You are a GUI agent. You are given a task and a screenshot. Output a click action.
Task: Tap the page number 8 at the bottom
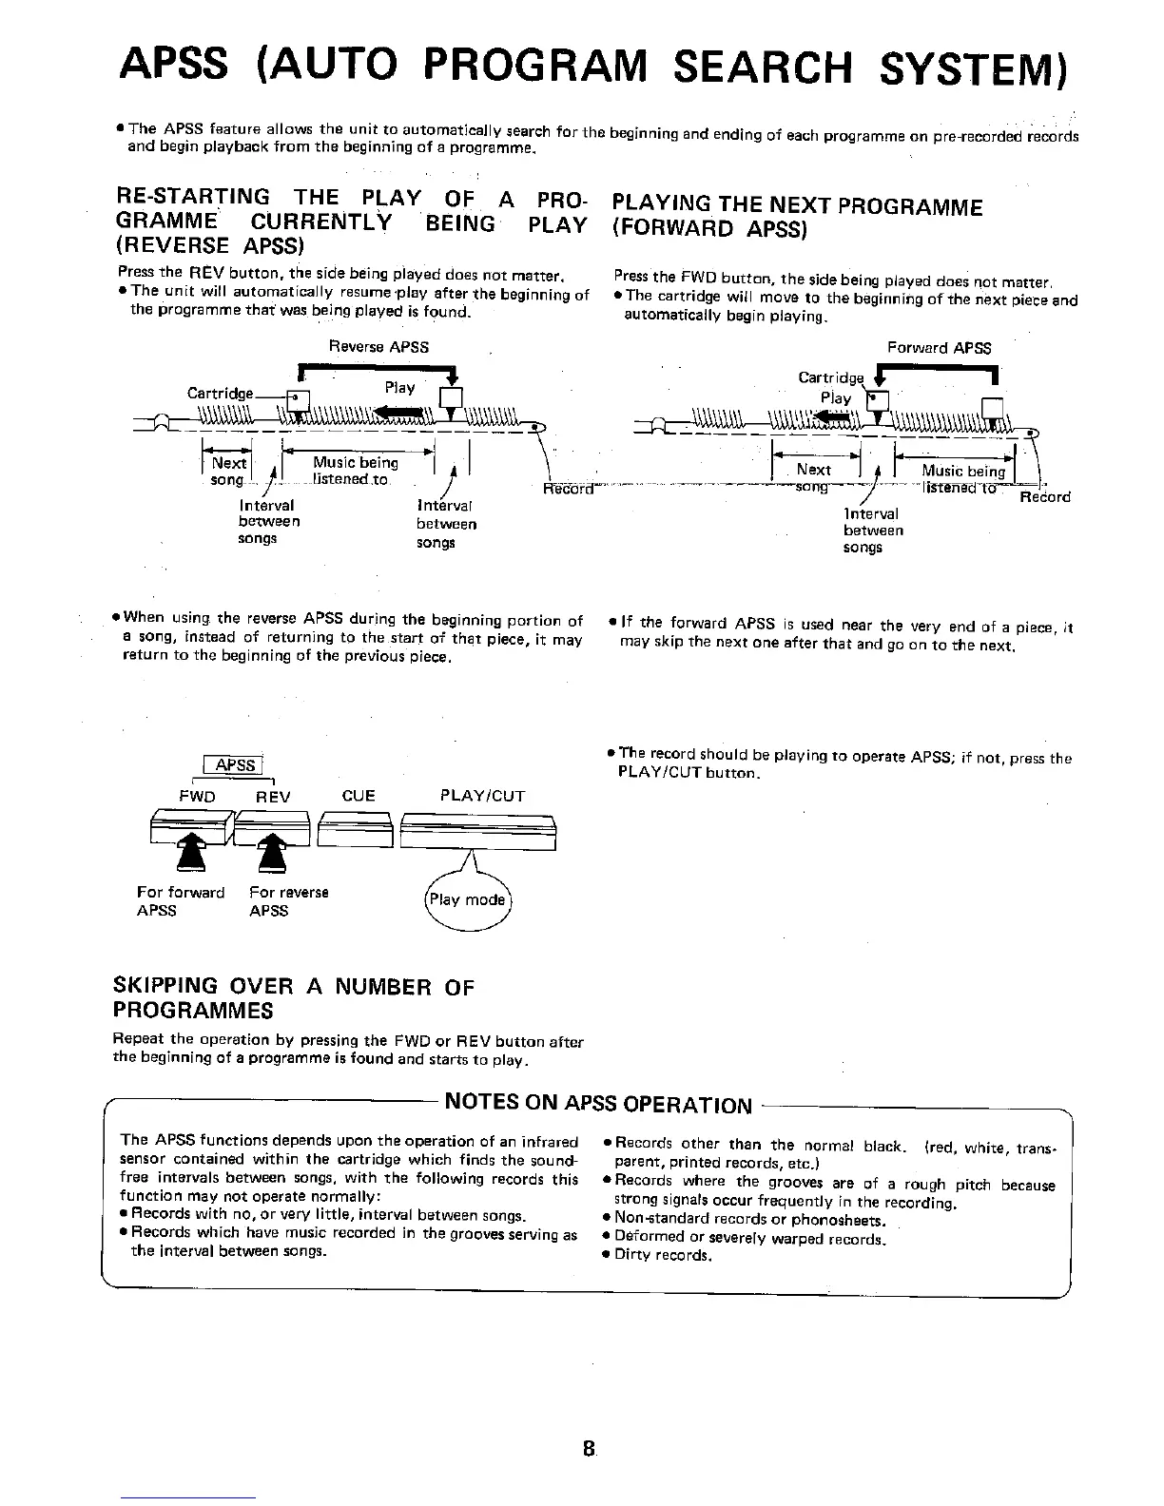590,1449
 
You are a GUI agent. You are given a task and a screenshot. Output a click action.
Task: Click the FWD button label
197,797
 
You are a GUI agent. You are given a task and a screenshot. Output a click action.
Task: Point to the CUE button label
358,796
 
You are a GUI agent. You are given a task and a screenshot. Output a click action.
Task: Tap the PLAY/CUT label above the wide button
482,796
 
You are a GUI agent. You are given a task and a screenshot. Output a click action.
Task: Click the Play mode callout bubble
466,900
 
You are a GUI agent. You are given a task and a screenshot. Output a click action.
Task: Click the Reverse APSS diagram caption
378,347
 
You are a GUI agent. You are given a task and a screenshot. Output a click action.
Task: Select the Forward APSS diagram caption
939,348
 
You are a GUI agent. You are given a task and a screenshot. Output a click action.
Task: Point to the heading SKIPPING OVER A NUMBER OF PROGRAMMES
293,997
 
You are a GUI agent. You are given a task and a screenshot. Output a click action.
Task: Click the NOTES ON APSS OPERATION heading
598,1104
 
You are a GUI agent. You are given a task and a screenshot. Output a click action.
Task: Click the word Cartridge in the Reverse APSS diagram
220,394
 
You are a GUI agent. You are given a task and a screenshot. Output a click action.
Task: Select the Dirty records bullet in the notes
662,1255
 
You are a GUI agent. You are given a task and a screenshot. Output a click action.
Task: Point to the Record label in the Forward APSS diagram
1044,497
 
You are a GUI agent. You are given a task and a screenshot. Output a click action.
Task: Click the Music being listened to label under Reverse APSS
355,471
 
